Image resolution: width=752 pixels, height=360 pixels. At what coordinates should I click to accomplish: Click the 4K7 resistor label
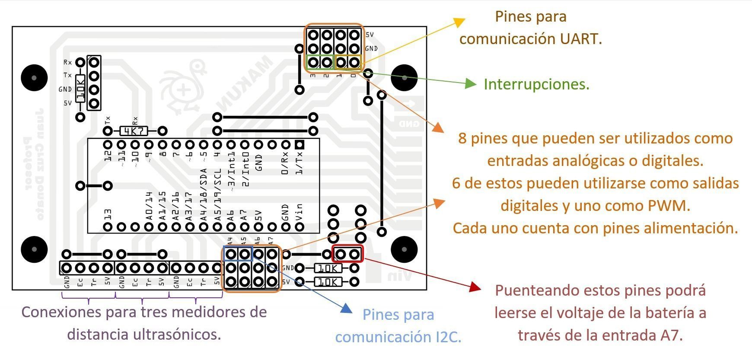tap(134, 131)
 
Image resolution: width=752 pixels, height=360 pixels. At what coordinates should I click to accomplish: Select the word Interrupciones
tap(536, 84)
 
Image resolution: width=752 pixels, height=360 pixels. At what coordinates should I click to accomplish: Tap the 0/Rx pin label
tap(285, 164)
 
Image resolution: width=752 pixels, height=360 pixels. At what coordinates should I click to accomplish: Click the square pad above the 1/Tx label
tap(299, 145)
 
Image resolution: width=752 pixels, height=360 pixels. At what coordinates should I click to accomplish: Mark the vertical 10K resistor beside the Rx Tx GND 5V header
tap(80, 88)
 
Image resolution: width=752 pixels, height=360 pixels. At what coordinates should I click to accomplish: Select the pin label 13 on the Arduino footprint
tap(108, 215)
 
